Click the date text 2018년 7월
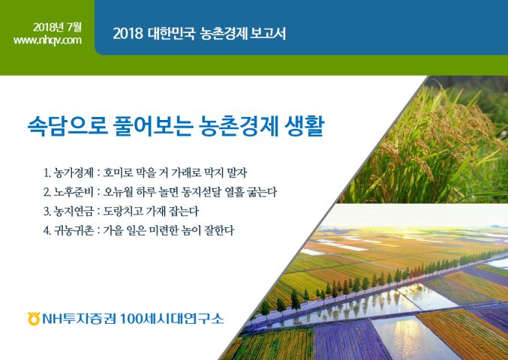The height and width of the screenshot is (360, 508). tap(57, 27)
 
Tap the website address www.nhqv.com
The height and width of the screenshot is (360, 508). tap(47, 40)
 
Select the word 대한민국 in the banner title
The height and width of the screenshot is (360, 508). tap(171, 34)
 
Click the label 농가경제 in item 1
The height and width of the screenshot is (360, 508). tap(74, 172)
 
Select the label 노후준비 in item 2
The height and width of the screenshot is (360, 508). tap(74, 192)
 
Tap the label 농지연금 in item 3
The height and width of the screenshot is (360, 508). tap(74, 211)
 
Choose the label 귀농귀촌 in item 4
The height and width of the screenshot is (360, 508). tap(74, 231)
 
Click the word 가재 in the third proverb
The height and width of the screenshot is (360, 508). tap(157, 211)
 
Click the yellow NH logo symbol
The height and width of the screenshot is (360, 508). tap(34, 319)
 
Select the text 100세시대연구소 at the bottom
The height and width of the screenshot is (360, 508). tap(172, 319)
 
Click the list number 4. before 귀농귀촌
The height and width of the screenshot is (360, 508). tap(47, 231)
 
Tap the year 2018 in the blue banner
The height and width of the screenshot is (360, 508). tap(128, 34)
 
